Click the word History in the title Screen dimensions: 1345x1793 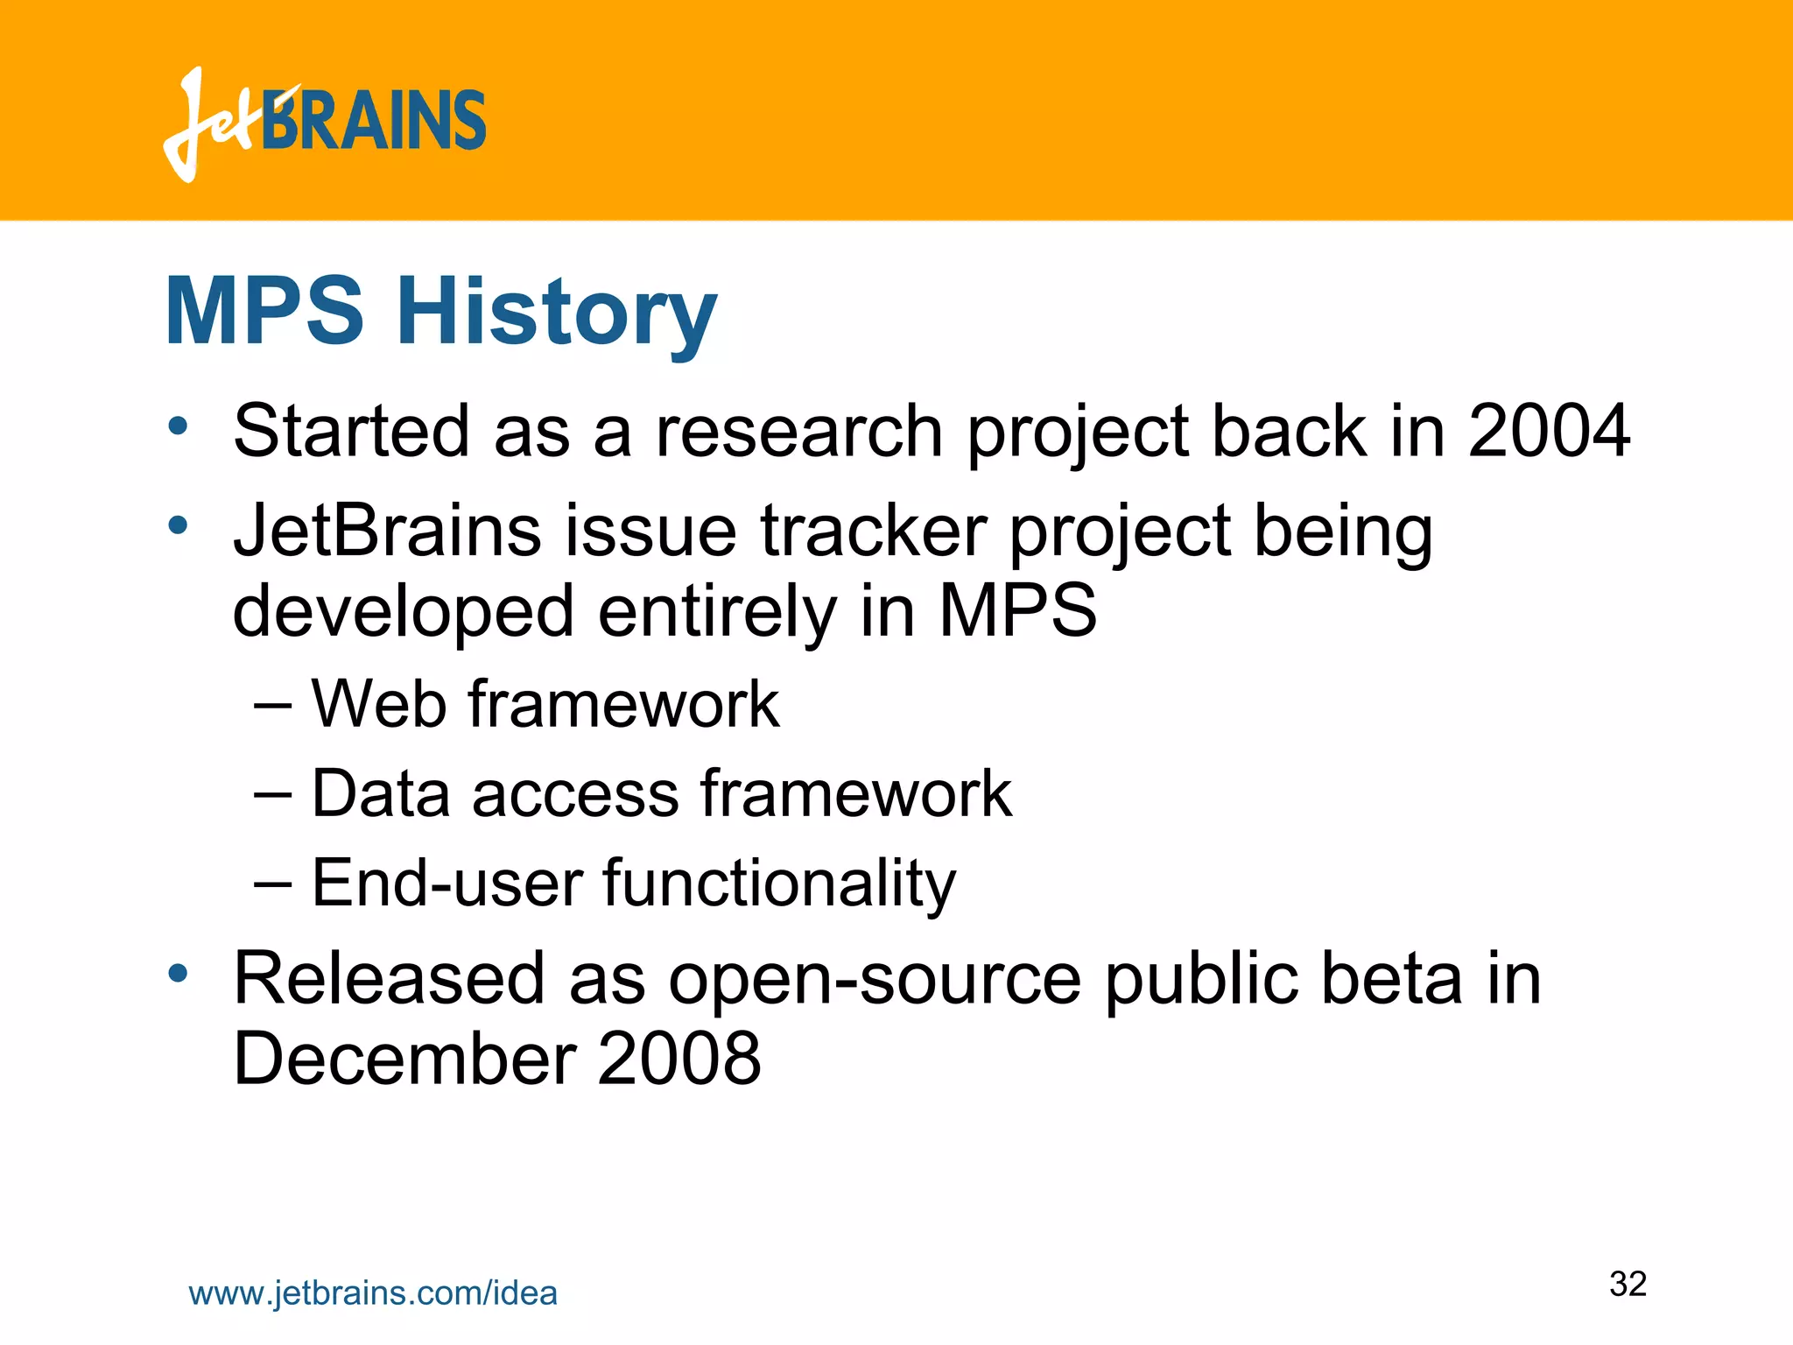coord(557,313)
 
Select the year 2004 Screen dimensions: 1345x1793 coord(1549,431)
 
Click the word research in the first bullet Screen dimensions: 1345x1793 coord(798,431)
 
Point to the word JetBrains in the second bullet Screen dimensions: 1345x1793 coord(387,531)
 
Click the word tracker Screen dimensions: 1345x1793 coord(874,531)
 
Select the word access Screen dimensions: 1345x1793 coord(575,794)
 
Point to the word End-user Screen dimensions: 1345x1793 coord(446,883)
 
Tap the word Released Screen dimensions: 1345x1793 coord(390,978)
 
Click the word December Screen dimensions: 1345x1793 coord(404,1059)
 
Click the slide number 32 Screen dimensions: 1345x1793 coord(1628,1284)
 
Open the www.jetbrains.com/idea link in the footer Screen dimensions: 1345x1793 coord(373,1293)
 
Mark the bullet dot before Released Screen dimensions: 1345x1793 coord(179,973)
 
